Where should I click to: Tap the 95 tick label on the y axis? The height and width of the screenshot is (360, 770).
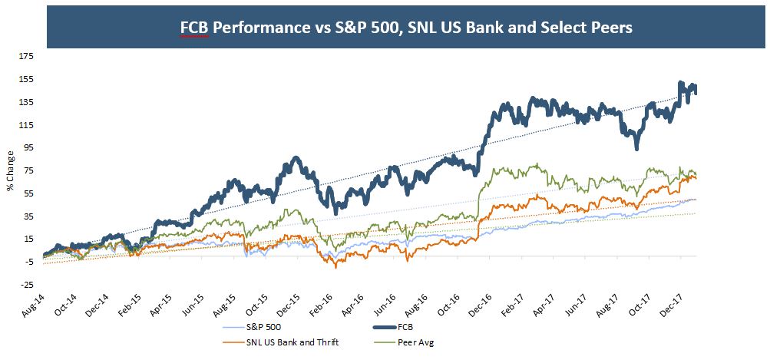coord(28,147)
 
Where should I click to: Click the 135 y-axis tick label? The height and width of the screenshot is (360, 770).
coord(26,102)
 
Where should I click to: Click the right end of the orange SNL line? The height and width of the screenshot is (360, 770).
coord(696,178)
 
